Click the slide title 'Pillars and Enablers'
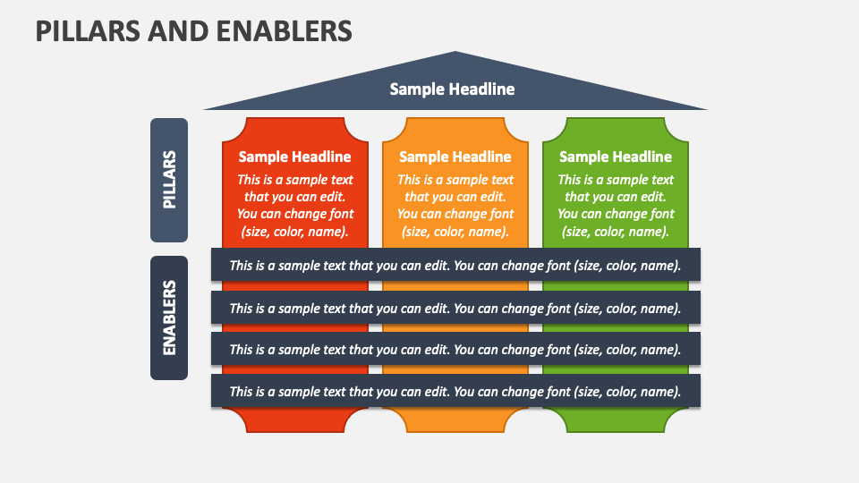(x=193, y=30)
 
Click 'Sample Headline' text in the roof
(x=452, y=89)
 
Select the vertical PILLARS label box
(x=169, y=180)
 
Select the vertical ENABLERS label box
(x=169, y=318)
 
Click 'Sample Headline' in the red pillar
(x=294, y=157)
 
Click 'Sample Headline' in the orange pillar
(x=455, y=157)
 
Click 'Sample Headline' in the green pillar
(x=616, y=157)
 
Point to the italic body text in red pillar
(x=294, y=205)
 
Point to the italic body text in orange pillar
(x=455, y=205)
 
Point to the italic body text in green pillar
(x=616, y=205)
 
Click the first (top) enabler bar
(x=455, y=265)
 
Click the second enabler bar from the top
(x=455, y=308)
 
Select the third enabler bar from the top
(x=455, y=349)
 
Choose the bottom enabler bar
(x=455, y=391)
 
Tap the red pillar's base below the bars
(x=294, y=419)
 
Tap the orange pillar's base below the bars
(x=455, y=419)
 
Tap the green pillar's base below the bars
(x=616, y=419)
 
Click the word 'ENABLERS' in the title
(x=283, y=30)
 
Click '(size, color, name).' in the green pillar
(x=616, y=231)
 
